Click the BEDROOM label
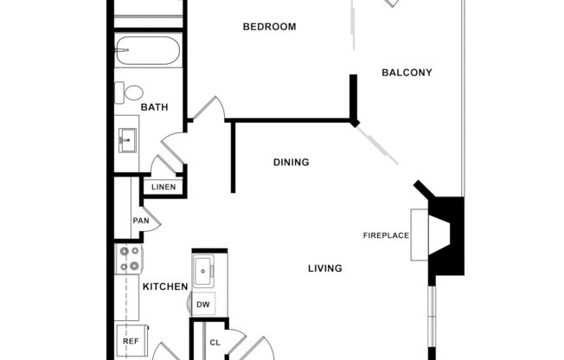point(269,27)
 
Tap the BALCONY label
point(407,73)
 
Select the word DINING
point(291,162)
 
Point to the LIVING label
point(324,268)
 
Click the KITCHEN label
point(165,286)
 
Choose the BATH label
point(154,107)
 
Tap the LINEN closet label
point(163,187)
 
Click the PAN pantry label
point(140,221)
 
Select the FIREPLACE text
point(386,235)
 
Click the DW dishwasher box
point(203,305)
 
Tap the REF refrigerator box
point(131,342)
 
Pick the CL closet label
point(215,343)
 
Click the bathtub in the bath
point(148,51)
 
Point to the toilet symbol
point(133,92)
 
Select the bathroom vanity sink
point(127,138)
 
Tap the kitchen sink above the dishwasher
point(205,270)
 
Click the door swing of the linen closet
point(164,164)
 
